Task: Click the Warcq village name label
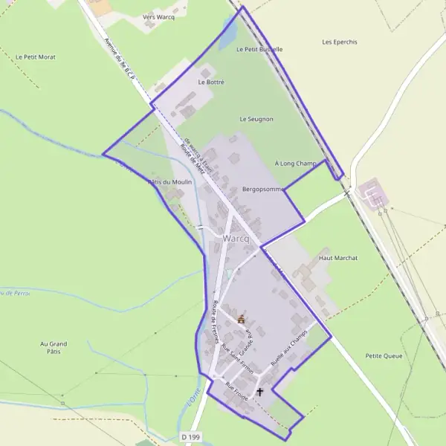[x=236, y=239]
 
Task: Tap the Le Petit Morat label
[x=36, y=56]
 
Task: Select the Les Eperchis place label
[x=340, y=42]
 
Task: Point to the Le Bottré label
[x=211, y=82]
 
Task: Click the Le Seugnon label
[x=256, y=119]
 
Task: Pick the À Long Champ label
[x=296, y=164]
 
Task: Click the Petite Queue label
[x=384, y=356]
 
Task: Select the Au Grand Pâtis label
[x=54, y=348]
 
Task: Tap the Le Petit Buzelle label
[x=259, y=49]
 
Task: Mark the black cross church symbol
[x=260, y=391]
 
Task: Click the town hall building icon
[x=241, y=319]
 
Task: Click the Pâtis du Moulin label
[x=171, y=182]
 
